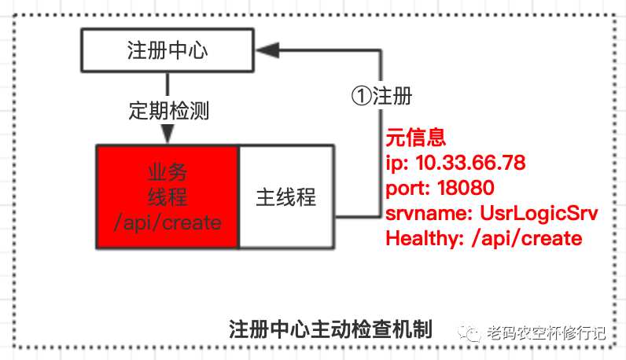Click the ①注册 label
381,96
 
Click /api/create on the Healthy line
536,238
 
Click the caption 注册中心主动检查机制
330,328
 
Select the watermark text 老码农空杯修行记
547,333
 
